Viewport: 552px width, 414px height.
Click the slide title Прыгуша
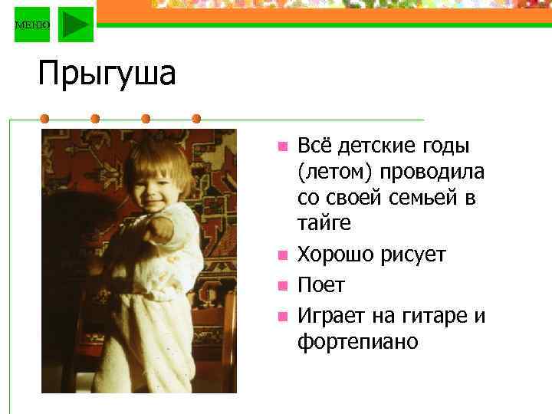[x=107, y=75]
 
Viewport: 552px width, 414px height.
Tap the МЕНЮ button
[x=32, y=25]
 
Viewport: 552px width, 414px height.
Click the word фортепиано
[x=358, y=341]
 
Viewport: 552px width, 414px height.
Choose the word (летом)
[x=330, y=172]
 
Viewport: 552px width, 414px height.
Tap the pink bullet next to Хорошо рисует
[x=282, y=255]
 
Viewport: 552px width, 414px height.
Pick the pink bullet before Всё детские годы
[x=282, y=146]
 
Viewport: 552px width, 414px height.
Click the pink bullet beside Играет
[x=282, y=316]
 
